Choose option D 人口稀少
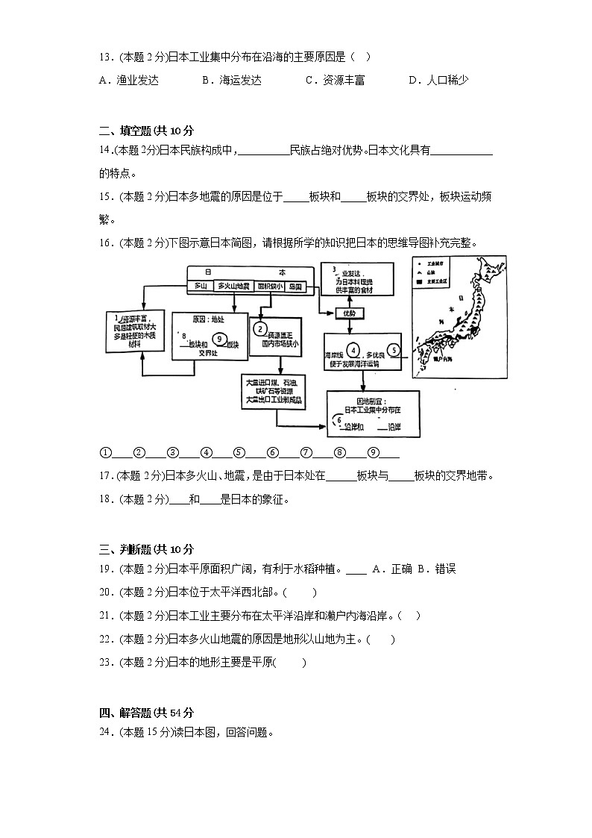click(438, 81)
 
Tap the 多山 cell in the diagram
click(199, 286)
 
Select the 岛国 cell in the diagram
click(295, 286)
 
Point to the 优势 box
click(349, 313)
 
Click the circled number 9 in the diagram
click(218, 338)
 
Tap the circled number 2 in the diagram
click(260, 328)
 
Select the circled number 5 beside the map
click(394, 349)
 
